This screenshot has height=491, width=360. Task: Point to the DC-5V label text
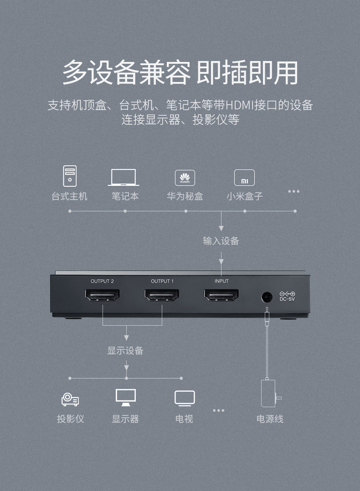288,299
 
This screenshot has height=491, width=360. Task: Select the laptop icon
123,177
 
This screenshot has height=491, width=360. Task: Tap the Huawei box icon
185,178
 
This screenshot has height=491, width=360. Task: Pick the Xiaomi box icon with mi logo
244,178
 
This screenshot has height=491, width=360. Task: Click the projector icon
70,399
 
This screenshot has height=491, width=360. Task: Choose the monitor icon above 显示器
125,397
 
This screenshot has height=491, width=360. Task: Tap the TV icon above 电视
185,398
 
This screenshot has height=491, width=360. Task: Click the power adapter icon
269,393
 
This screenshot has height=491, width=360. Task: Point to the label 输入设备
221,241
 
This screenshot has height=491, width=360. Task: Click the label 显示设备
125,350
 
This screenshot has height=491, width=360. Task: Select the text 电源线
270,419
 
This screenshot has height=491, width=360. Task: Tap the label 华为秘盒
185,196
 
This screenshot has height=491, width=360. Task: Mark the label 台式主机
69,196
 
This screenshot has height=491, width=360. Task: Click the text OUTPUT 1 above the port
162,281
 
